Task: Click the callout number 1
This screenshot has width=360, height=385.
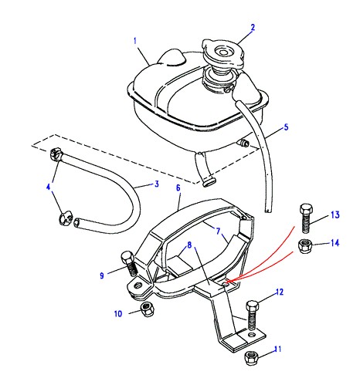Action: [x=135, y=41]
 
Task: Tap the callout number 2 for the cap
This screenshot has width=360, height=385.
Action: [x=253, y=27]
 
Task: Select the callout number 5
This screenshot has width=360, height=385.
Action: [x=286, y=127]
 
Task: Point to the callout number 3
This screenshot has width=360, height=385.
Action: [x=157, y=184]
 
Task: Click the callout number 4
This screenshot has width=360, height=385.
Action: [x=49, y=187]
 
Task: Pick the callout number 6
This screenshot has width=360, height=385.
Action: [x=178, y=187]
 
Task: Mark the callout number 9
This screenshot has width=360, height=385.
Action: [x=102, y=275]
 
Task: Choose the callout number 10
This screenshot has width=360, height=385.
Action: [x=118, y=314]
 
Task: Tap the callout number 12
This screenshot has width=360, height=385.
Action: [x=280, y=292]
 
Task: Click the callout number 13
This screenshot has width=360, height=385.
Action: [x=335, y=214]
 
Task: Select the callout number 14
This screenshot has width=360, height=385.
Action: [x=335, y=243]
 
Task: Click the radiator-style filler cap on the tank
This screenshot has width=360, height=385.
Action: [x=222, y=54]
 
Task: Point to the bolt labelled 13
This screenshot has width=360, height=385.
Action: [x=306, y=218]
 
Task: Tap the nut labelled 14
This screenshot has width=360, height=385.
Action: [x=305, y=245]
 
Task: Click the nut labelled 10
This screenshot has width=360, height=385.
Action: [x=148, y=309]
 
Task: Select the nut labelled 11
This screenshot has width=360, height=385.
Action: [x=250, y=358]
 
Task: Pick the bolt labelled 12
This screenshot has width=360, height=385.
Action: [x=252, y=316]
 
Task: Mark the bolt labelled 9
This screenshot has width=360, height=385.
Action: [x=129, y=264]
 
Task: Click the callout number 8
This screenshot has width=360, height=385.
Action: [x=189, y=245]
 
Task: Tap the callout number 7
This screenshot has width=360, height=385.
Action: [x=218, y=231]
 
